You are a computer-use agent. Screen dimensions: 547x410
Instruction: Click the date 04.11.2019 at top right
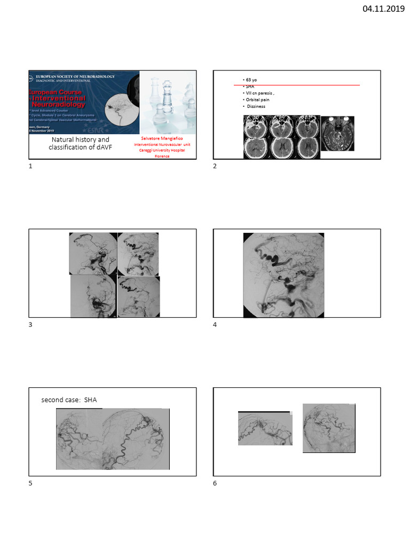point(383,9)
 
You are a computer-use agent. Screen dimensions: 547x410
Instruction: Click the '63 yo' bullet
point(251,80)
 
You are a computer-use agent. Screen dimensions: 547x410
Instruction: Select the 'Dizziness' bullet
point(256,106)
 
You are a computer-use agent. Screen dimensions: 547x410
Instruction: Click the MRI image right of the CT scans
point(337,133)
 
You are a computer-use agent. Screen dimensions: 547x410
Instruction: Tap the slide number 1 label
point(30,167)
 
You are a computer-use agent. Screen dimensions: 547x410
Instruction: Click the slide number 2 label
point(215,167)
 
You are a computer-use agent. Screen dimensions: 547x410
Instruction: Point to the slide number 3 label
point(30,325)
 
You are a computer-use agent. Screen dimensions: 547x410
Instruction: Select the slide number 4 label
point(215,325)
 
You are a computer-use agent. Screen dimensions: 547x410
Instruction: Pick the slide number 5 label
point(30,483)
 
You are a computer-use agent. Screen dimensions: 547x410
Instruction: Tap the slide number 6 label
point(215,483)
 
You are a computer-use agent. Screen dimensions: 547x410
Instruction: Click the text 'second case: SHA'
point(69,400)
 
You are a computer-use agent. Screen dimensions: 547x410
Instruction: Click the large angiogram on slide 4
point(283,275)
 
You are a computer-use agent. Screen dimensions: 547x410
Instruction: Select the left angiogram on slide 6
point(265,428)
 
